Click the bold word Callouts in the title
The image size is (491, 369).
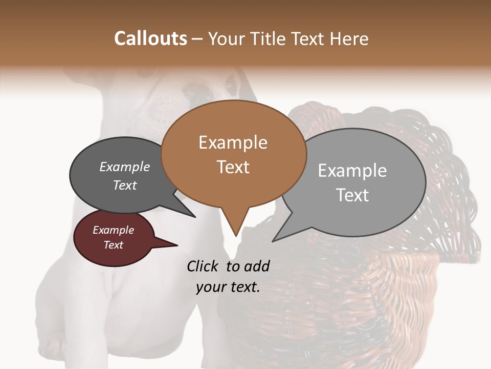[x=150, y=38]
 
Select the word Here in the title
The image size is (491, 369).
[x=349, y=38]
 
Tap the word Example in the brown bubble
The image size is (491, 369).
[x=233, y=142]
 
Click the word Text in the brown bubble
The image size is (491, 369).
[x=233, y=167]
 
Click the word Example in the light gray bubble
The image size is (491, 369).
[x=352, y=171]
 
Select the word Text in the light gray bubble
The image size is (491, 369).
[x=352, y=195]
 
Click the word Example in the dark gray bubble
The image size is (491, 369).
[x=124, y=167]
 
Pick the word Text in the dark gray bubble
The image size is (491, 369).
[x=125, y=185]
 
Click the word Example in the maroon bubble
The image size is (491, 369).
[x=113, y=230]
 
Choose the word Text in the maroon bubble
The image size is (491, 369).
[x=114, y=245]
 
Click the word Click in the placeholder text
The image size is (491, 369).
[x=204, y=266]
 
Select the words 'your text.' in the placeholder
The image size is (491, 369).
[x=228, y=288]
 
